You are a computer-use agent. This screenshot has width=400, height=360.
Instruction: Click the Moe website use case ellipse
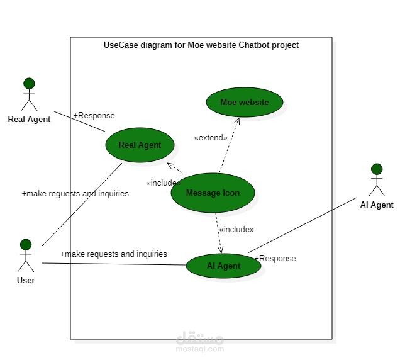tap(244, 102)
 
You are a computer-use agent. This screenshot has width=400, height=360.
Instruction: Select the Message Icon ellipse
tap(213, 193)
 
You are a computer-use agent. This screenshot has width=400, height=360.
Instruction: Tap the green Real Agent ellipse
tap(140, 145)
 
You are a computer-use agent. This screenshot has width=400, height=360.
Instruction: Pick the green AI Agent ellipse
tap(223, 266)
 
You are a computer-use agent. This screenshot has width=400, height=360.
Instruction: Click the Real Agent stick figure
tap(29, 94)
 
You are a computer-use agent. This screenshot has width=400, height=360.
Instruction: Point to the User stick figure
tap(26, 255)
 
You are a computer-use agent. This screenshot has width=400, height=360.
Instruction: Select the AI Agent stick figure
tap(377, 180)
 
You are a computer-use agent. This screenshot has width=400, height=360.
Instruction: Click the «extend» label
tap(211, 137)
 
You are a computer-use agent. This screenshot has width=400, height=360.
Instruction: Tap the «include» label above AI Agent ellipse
tap(236, 229)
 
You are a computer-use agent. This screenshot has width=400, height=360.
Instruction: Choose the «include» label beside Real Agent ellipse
tap(164, 183)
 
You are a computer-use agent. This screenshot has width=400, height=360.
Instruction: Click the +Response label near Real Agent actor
tap(94, 115)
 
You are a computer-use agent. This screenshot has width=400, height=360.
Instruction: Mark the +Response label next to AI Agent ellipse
tap(275, 258)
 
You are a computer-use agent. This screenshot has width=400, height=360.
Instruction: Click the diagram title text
tap(201, 45)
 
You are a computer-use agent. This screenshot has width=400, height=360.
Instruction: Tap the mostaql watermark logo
tap(200, 340)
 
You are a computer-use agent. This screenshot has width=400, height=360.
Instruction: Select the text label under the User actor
tap(26, 280)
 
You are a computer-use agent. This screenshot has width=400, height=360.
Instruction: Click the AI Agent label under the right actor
tap(377, 205)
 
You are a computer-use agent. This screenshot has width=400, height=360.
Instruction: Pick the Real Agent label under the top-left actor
tap(29, 119)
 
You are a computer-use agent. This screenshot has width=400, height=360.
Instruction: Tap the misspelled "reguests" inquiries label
tap(75, 194)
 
